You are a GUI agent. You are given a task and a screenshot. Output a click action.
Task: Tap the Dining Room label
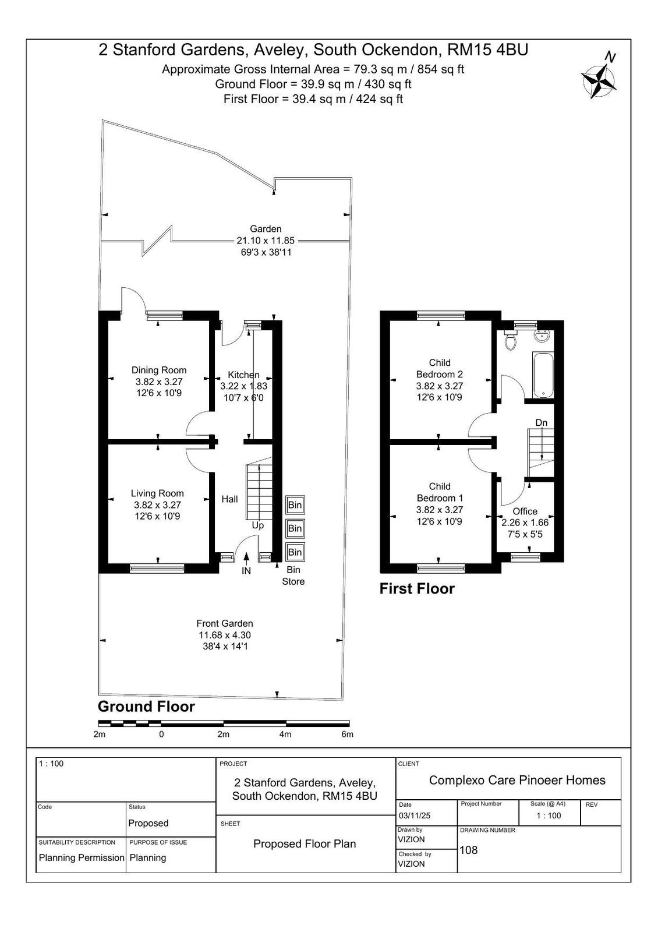coord(159,370)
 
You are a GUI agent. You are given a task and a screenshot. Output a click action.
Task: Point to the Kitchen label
coord(243,375)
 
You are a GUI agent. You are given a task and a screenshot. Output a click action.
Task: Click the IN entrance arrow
coord(246,557)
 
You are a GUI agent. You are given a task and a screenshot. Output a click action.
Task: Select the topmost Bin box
coord(295,505)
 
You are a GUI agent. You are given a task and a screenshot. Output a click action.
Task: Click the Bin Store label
coord(293,576)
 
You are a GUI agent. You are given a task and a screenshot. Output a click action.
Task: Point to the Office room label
coord(525,511)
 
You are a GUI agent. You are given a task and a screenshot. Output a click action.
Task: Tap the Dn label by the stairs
coord(541,423)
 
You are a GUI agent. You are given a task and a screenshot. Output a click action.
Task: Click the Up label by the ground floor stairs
coord(257,525)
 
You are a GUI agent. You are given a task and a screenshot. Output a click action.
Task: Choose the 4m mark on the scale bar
coord(285,735)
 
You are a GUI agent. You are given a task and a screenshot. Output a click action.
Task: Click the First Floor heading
coord(417,589)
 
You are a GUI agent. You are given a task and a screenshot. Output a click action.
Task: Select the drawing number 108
coord(468,850)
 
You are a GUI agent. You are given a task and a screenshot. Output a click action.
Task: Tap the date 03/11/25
coord(414,815)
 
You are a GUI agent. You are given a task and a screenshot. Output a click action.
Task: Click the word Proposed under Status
coord(148,823)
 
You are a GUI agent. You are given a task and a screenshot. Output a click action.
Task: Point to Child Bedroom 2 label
coord(439,368)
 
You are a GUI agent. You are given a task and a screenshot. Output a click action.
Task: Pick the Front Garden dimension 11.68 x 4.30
coord(225,635)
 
